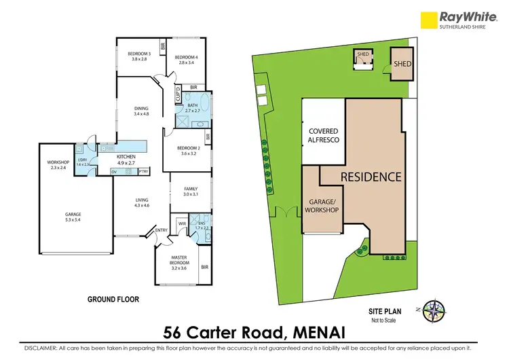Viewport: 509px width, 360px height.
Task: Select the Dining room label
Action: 141,110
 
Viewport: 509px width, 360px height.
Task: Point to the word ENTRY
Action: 162,230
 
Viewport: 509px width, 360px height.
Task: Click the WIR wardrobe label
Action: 182,223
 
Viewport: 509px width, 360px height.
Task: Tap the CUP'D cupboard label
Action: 177,94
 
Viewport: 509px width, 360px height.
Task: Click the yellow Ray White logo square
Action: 429,20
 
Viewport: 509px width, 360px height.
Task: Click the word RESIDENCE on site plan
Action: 371,177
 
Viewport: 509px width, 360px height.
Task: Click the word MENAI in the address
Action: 314,333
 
